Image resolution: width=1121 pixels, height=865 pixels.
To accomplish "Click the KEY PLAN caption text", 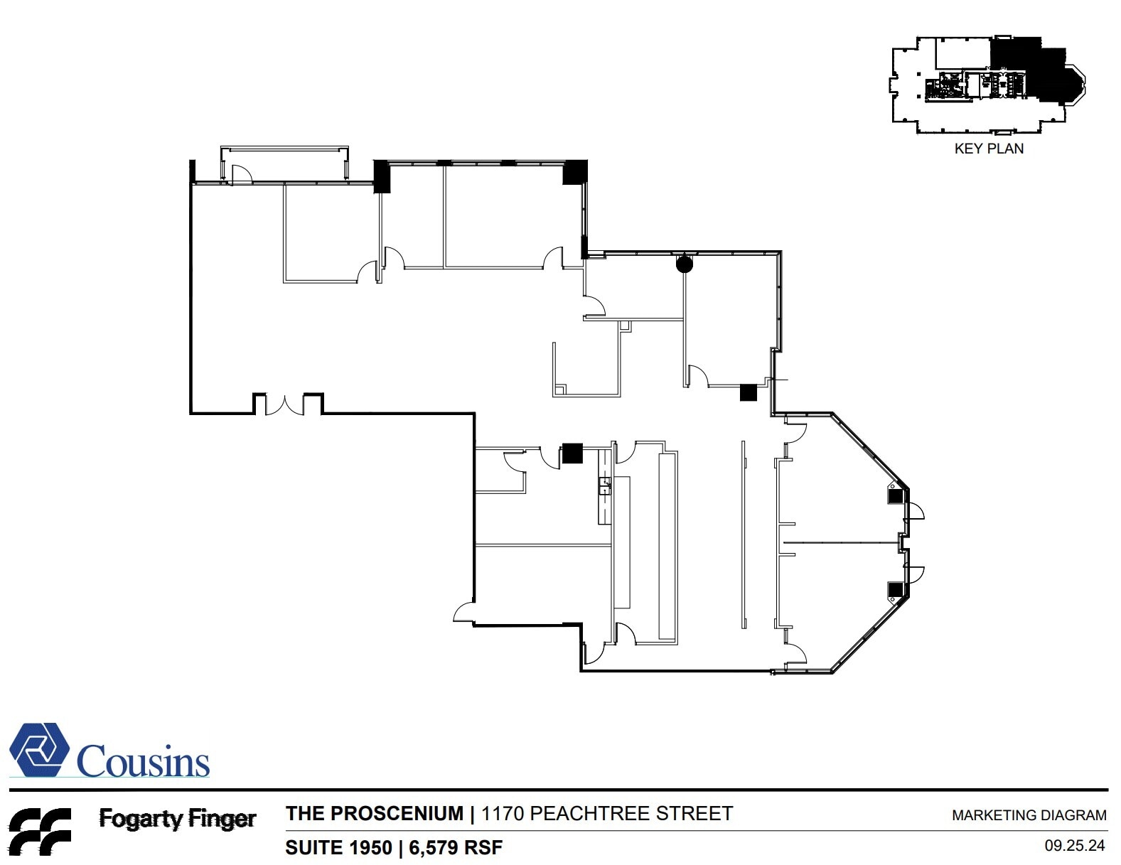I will [988, 149].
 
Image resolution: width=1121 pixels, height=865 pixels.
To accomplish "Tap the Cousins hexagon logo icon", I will [39, 750].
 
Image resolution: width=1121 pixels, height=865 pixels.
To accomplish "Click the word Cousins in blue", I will [143, 761].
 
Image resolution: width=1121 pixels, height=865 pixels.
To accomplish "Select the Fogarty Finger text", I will [177, 819].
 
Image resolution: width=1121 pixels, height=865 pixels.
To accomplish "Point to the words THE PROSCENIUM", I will [374, 813].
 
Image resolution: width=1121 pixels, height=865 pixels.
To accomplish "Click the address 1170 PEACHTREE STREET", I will [606, 813].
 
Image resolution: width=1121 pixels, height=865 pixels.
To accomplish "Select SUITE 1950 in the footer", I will [338, 847].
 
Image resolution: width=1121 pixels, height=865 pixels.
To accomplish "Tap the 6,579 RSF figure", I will [455, 847].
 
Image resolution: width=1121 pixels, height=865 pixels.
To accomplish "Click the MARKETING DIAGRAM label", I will [1028, 815].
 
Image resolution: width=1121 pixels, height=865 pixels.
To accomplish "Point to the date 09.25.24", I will [1074, 846].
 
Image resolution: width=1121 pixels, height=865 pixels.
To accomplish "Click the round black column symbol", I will [684, 264].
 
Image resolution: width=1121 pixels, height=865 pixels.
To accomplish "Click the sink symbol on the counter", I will [604, 485].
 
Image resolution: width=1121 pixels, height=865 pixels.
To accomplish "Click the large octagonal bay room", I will [842, 544].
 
